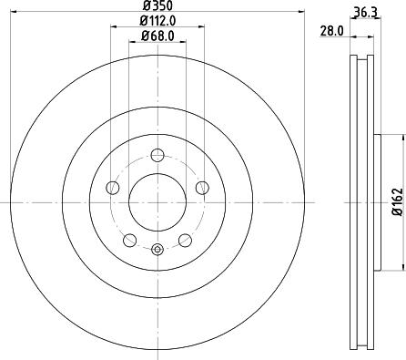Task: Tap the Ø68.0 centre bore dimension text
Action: click(x=157, y=36)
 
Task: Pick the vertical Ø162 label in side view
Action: click(x=397, y=201)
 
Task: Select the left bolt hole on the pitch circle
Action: click(x=113, y=188)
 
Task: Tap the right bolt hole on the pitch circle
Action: click(x=201, y=188)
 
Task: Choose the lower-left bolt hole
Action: click(x=129, y=240)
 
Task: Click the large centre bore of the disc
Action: click(x=157, y=201)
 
